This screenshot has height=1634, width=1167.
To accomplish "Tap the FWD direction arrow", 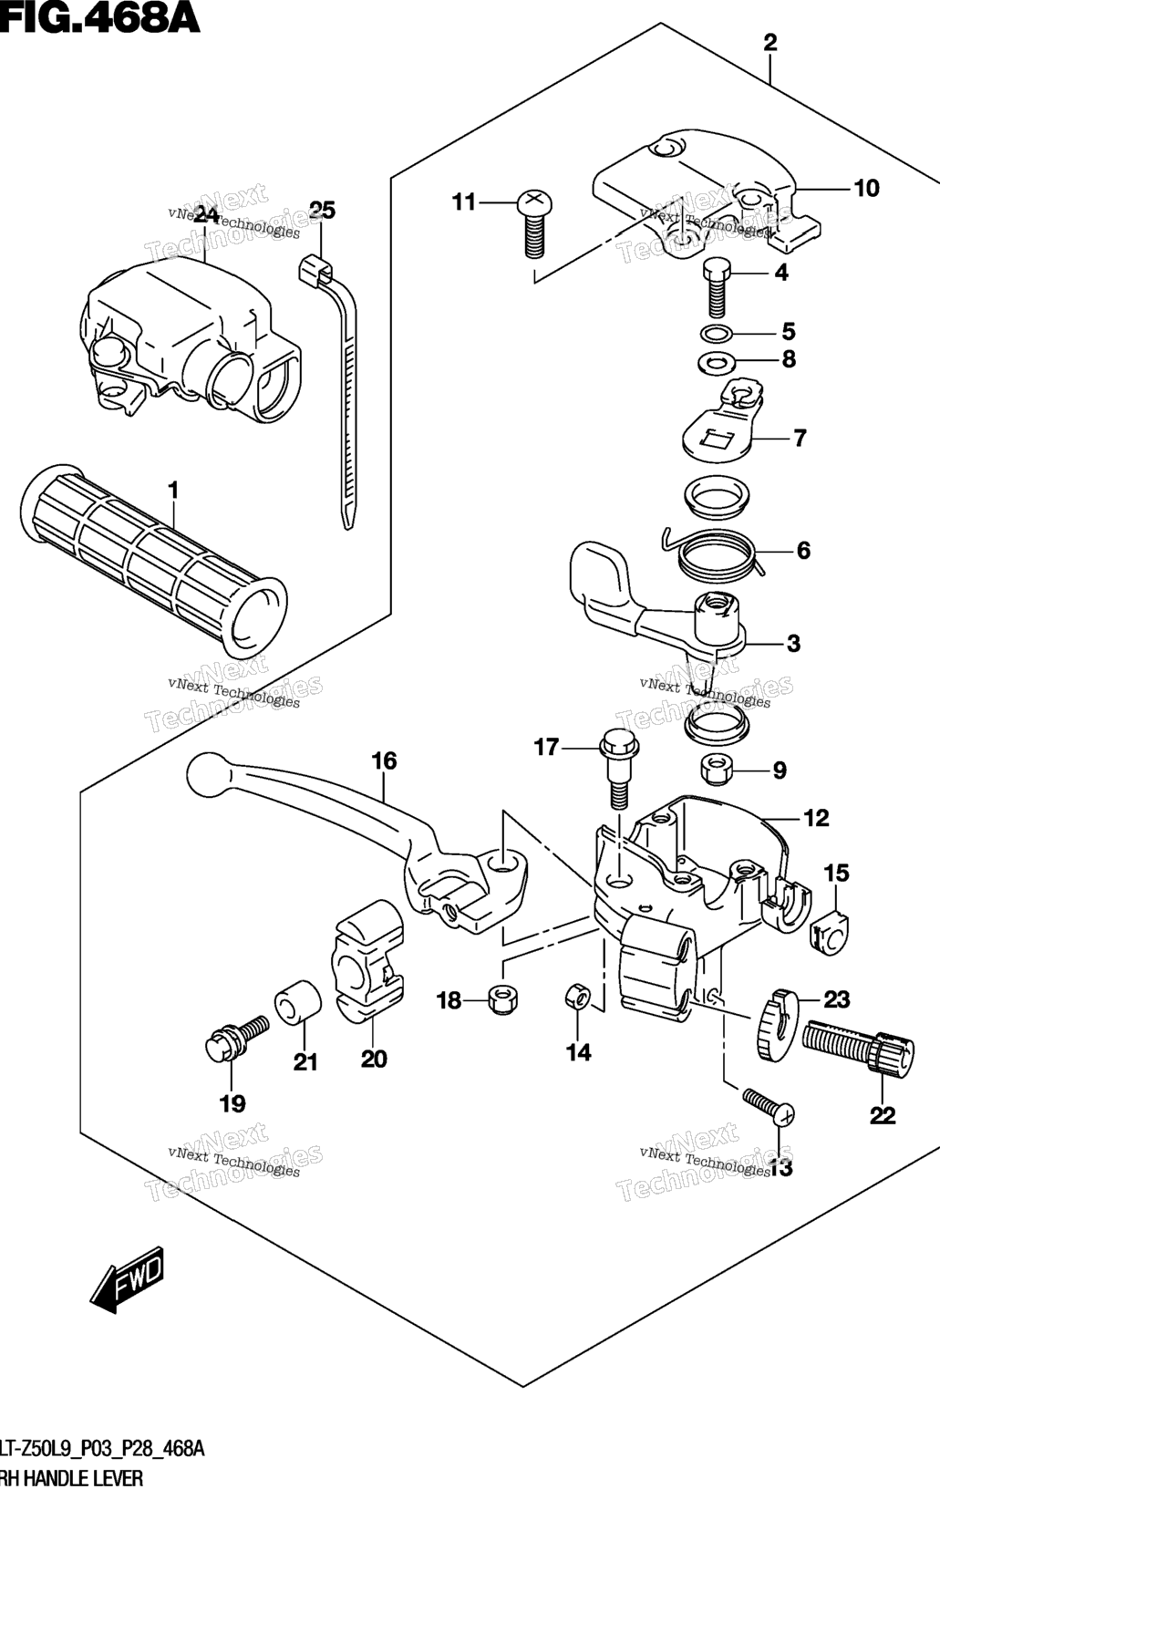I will tap(128, 1279).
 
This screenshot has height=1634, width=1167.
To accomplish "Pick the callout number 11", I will tap(465, 202).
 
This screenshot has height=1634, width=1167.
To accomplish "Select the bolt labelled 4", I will tap(718, 284).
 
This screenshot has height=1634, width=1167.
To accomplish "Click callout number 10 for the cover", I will tap(866, 189).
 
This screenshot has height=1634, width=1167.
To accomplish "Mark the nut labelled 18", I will tap(502, 999).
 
